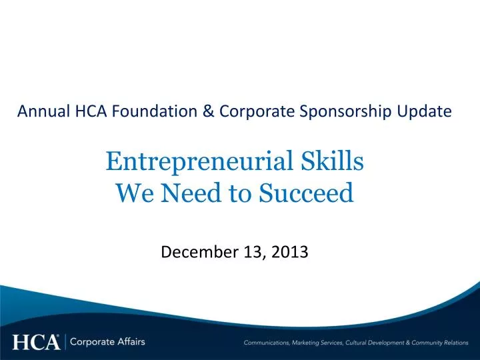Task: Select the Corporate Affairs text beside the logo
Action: tap(107, 343)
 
